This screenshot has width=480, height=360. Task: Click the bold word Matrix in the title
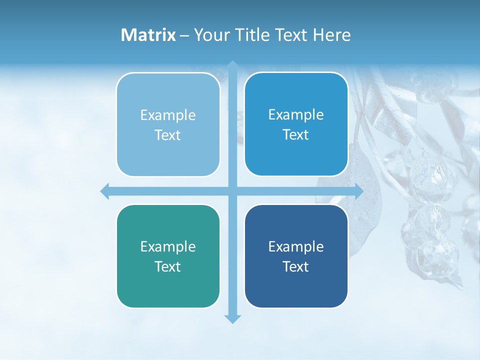tap(148, 35)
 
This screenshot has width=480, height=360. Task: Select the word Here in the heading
tap(331, 35)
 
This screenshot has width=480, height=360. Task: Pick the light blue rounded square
tap(168, 124)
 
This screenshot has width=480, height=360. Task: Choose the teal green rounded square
tap(168, 256)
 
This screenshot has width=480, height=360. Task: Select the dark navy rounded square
tap(296, 256)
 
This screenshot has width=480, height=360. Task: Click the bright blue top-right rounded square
tap(296, 124)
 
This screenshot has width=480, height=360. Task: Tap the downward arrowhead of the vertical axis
tap(232, 318)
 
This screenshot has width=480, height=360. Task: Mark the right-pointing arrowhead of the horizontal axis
tap(359, 191)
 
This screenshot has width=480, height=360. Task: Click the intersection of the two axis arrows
tap(232, 191)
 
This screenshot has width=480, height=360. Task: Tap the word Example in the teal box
tap(168, 246)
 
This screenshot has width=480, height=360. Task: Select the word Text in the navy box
tap(296, 266)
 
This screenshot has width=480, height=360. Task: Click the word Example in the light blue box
tap(168, 115)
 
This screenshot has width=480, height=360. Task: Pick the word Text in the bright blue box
tap(296, 134)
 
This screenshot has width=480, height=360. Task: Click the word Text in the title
tap(290, 35)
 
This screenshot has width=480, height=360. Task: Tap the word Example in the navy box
tap(296, 246)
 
